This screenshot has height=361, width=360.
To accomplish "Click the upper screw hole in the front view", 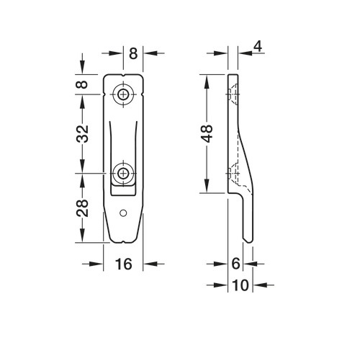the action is coord(123,94).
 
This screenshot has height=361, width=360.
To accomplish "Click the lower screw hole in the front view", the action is coord(123,173).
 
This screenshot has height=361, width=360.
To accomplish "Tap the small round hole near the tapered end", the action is coord(123,213).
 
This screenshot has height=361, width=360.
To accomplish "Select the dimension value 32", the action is coord(83,133).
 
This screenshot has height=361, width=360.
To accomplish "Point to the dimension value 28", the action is coord(83,208).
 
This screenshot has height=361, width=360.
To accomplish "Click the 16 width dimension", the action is coord(124,264).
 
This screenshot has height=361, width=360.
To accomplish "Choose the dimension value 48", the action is coord(207,133).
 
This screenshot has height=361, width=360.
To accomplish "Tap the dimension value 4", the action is coord(258,46).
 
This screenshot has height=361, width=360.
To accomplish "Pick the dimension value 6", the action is coord(236,264).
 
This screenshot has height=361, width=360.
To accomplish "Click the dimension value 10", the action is coord(240,285).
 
